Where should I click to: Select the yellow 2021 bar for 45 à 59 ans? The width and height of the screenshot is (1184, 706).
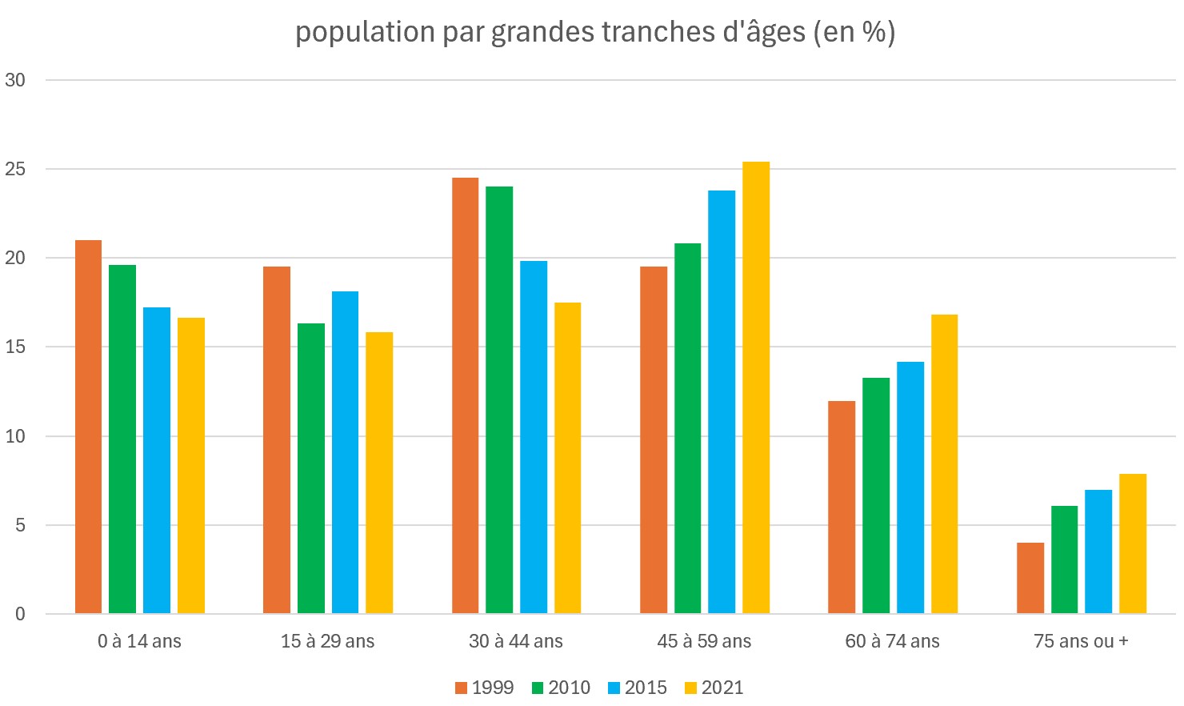pyautogui.click(x=756, y=388)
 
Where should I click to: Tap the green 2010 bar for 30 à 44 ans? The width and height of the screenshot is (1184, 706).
pyautogui.click(x=499, y=400)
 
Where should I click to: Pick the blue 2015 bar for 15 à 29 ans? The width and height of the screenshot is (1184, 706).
pyautogui.click(x=345, y=452)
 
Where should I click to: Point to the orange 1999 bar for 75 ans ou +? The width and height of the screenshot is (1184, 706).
pyautogui.click(x=1030, y=578)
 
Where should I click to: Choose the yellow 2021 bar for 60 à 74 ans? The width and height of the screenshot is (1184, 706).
pyautogui.click(x=944, y=464)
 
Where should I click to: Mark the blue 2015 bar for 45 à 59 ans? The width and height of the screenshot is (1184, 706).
pyautogui.click(x=722, y=402)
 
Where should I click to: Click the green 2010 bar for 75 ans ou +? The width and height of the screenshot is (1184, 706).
pyautogui.click(x=1064, y=560)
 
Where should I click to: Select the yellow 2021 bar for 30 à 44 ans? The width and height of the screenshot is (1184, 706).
pyautogui.click(x=567, y=458)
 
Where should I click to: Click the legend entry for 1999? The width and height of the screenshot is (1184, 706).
pyautogui.click(x=484, y=688)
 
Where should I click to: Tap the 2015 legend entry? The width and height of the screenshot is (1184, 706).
pyautogui.click(x=638, y=688)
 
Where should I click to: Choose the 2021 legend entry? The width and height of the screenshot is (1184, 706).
pyautogui.click(x=714, y=688)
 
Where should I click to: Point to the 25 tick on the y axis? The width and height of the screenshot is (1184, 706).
pyautogui.click(x=15, y=170)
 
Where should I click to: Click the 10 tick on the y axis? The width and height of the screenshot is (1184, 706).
pyautogui.click(x=15, y=436)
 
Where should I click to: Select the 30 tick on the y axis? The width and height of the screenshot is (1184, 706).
pyautogui.click(x=15, y=80)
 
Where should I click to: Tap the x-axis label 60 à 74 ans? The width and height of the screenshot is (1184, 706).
pyautogui.click(x=892, y=641)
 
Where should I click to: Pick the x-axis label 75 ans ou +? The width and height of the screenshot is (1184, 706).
pyautogui.click(x=1081, y=641)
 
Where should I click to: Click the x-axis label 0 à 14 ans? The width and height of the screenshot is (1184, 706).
pyautogui.click(x=139, y=641)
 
